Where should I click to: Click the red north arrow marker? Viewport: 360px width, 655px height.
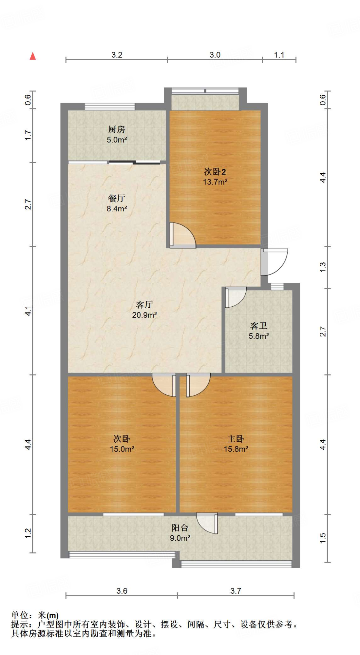point(33,56)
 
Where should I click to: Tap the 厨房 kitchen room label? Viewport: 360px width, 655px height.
point(116,129)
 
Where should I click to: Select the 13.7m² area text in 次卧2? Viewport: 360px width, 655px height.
point(215,182)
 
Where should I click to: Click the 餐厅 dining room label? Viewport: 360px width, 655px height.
point(116,198)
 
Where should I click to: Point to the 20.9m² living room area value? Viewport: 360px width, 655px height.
point(144,315)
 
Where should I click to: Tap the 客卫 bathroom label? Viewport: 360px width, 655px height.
point(259,326)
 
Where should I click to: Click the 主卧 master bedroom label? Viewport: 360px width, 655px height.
point(236,438)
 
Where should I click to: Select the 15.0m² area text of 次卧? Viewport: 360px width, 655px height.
point(122,449)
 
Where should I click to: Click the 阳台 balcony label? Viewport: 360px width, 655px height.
point(180,527)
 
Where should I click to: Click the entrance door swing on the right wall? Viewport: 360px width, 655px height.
point(274,262)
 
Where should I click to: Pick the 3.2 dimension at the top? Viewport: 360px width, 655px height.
point(117,55)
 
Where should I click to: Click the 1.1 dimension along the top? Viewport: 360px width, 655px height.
point(279,55)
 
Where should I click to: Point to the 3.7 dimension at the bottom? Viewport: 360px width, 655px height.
point(236,591)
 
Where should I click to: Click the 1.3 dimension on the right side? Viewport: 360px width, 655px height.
point(323,267)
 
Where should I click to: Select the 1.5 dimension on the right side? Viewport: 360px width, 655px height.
point(323,538)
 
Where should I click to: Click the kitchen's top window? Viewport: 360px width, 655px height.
point(110,107)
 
